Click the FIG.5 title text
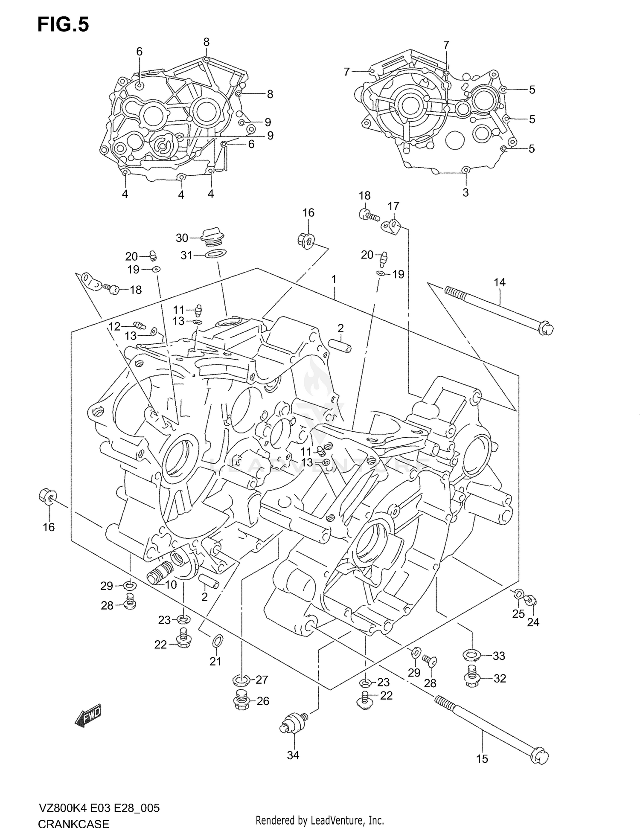63,25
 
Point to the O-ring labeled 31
215,255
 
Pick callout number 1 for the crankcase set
334,279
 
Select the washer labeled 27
241,679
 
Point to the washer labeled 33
471,654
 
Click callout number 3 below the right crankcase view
465,192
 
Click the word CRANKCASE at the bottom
73,822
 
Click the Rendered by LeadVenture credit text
320,820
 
